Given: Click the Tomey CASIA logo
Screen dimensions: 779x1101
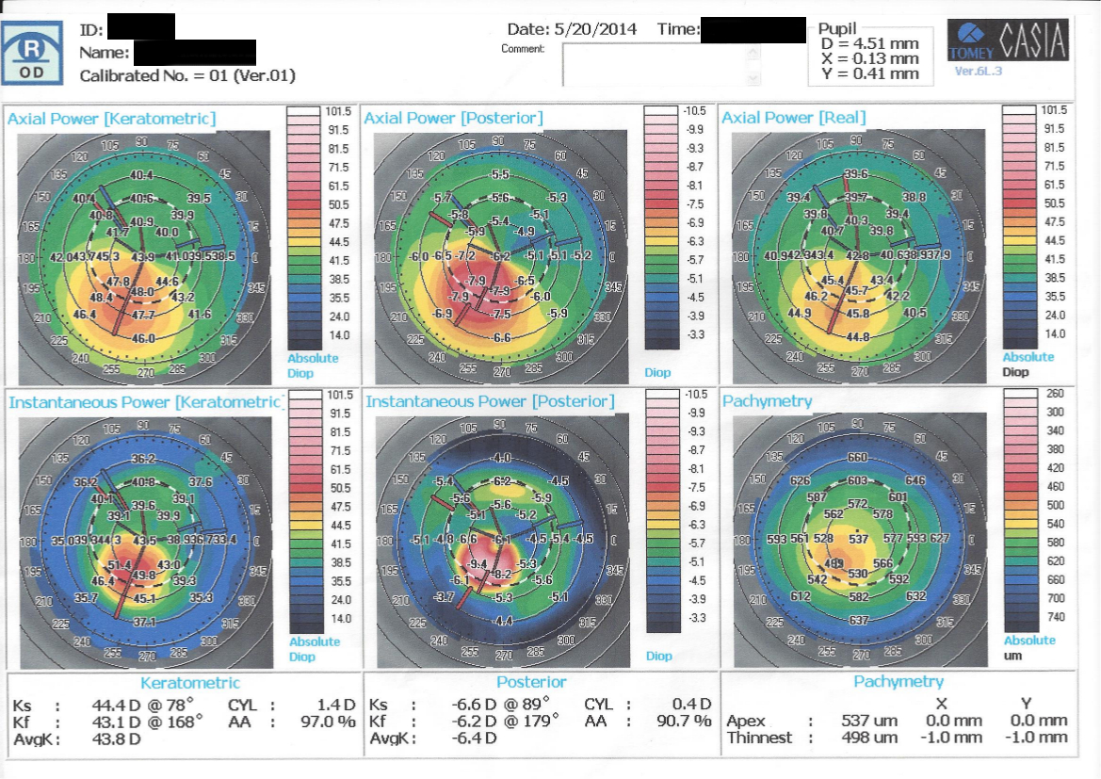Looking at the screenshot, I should [x=1008, y=43].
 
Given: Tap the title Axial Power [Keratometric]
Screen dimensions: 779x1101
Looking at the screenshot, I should [x=111, y=118].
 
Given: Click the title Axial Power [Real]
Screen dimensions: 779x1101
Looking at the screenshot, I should [x=793, y=118].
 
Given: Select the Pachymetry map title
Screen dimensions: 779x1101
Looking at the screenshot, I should [x=767, y=401].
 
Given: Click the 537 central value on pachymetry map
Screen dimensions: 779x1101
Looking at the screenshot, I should [x=858, y=540].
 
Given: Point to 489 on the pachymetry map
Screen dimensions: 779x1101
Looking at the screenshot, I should [x=834, y=563].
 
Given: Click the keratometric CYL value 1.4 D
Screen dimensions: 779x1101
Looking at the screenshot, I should [x=336, y=705].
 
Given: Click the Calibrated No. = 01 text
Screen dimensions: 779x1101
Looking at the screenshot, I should [x=186, y=75].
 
